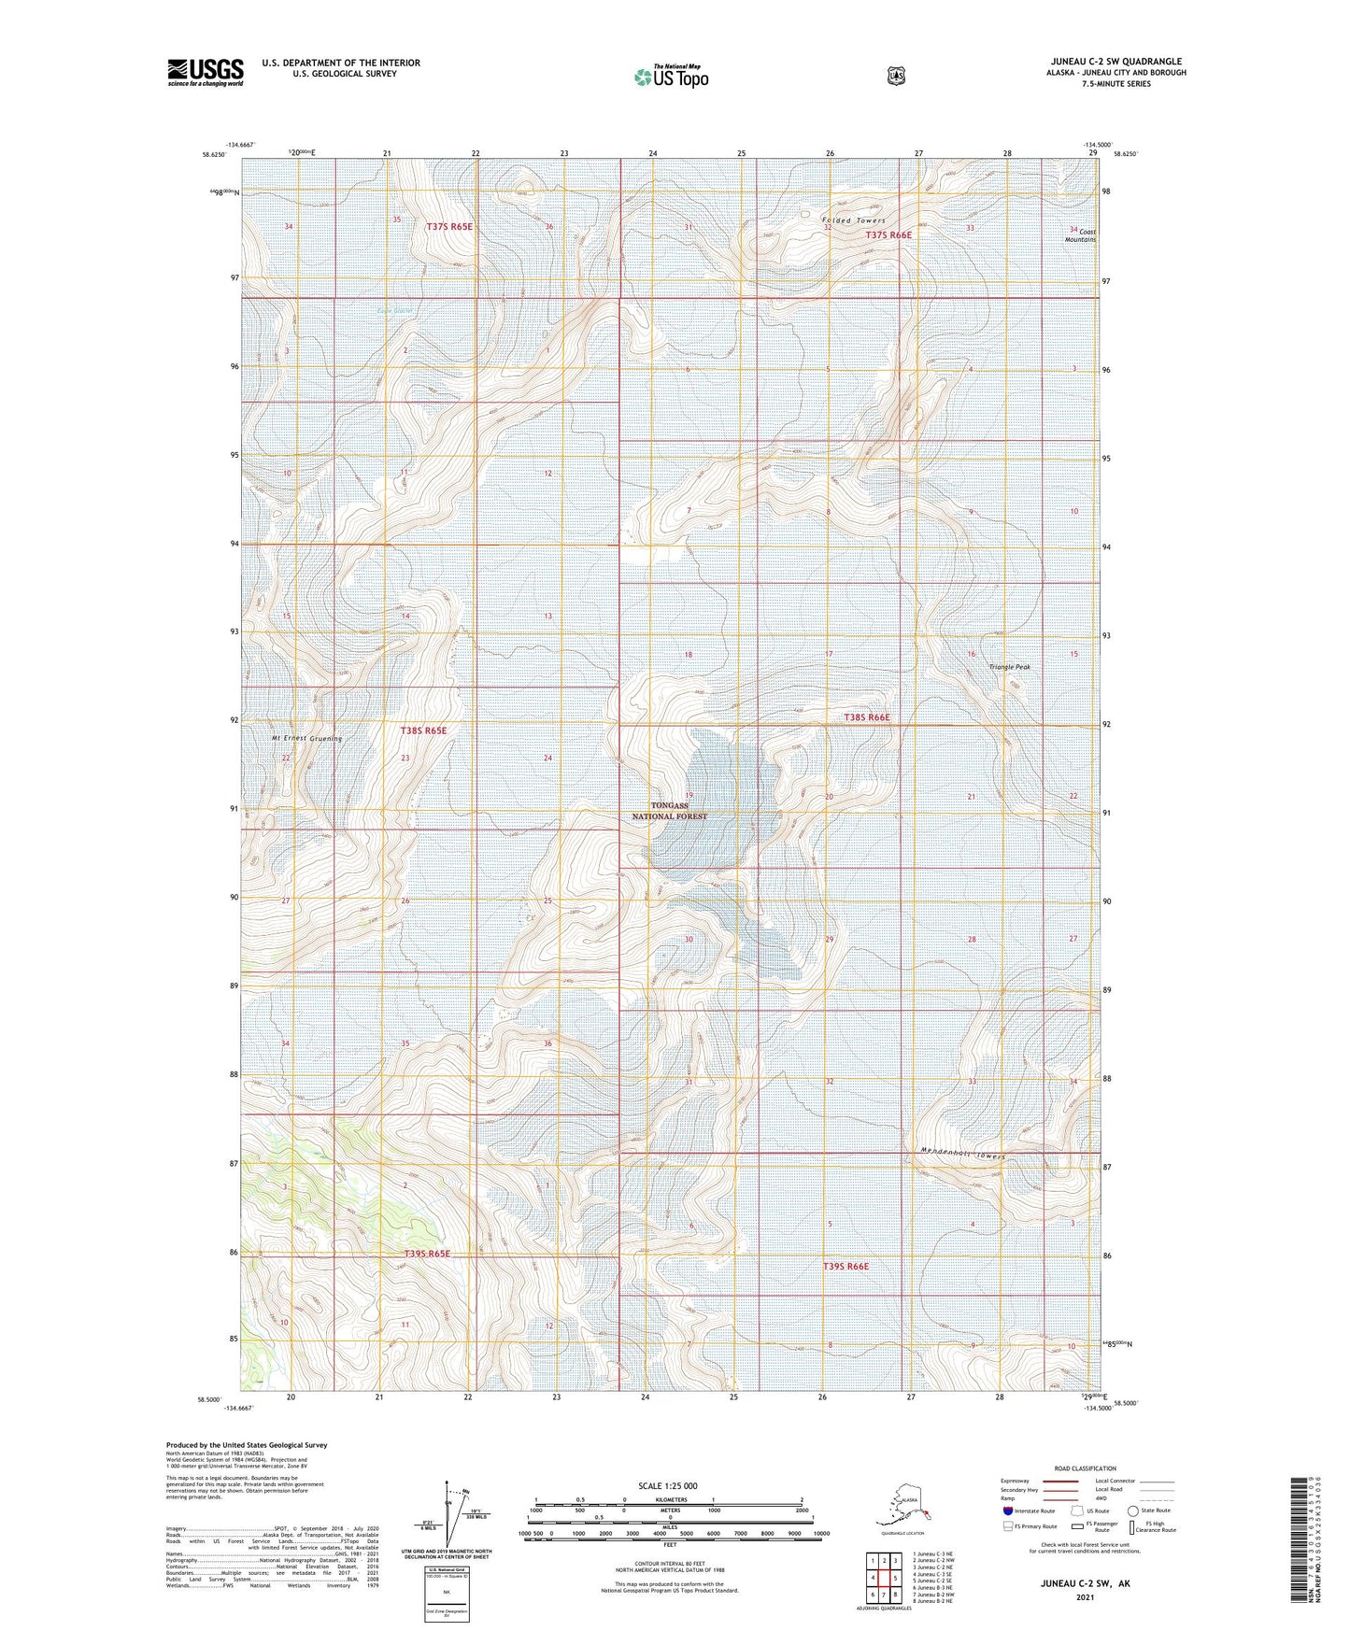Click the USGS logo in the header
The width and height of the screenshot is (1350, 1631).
tap(205, 72)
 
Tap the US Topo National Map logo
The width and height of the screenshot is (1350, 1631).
tap(670, 77)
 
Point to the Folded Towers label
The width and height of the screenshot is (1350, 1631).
tap(853, 220)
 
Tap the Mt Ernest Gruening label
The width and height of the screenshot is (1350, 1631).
tap(307, 738)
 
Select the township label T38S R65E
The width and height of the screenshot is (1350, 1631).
tap(422, 730)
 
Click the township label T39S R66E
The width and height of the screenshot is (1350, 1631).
tap(846, 1266)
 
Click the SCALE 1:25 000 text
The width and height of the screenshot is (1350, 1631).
tap(667, 1485)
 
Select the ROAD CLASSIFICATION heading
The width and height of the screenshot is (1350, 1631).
tap(1086, 1468)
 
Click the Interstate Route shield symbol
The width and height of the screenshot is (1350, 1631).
tap(1007, 1510)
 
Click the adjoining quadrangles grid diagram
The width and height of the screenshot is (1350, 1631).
tap(882, 1579)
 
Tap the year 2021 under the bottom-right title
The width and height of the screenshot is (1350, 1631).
tap(1084, 1597)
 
